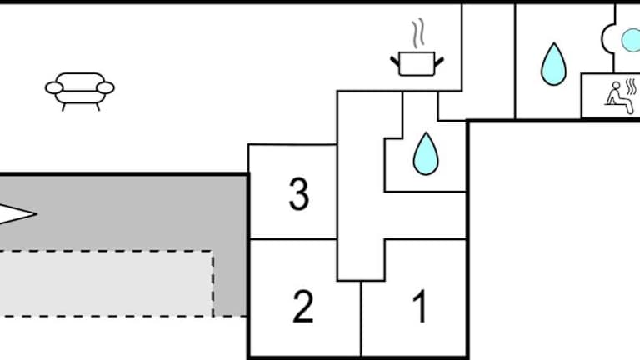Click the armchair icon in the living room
[80, 89]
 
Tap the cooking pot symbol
[417, 62]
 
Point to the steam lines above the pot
[417, 35]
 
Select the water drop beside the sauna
[551, 64]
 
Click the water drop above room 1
[426, 154]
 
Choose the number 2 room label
[303, 307]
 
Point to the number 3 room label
[298, 195]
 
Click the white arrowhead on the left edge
[17, 214]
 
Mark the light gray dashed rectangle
[104, 283]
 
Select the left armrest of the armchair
[54, 87]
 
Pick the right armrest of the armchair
[106, 87]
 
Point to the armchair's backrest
[80, 79]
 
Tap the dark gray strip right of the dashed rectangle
[231, 283]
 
